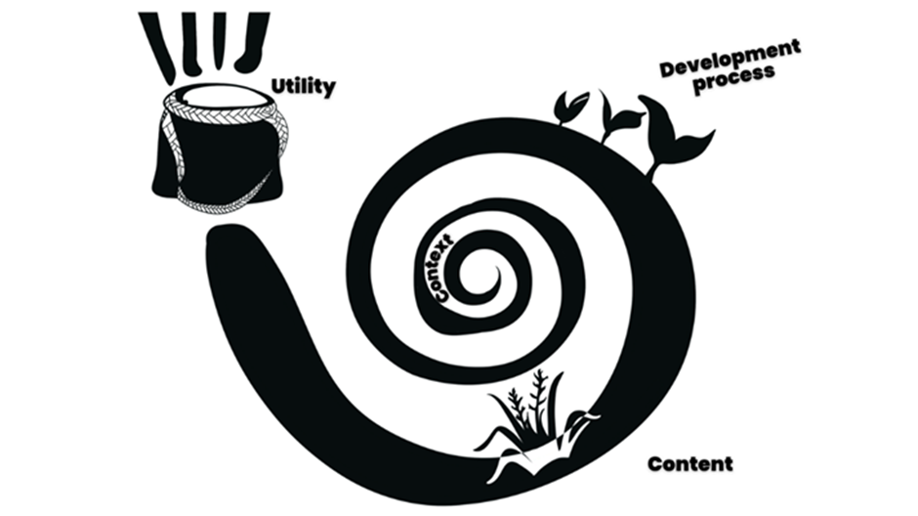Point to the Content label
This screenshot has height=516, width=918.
click(x=689, y=463)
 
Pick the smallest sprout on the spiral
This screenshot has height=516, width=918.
click(x=570, y=106)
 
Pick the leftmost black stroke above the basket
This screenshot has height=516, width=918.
click(x=158, y=45)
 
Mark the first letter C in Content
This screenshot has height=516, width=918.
click(x=655, y=464)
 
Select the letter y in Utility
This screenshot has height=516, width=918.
click(x=328, y=89)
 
